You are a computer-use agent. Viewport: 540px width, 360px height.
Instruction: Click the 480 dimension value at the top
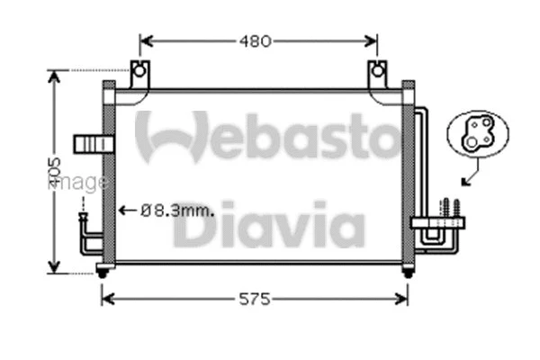[x=257, y=40]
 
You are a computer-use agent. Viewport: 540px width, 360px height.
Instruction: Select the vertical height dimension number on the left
[x=54, y=170]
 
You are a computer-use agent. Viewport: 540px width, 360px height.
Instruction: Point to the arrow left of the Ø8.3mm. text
[x=127, y=211]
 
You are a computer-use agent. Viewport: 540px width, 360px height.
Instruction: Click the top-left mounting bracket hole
[x=138, y=70]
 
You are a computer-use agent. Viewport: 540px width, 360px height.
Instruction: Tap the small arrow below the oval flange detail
[x=467, y=178]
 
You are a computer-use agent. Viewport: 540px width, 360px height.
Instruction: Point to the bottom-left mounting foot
[x=103, y=271]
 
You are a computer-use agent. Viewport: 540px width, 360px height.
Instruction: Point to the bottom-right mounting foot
[x=408, y=271]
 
